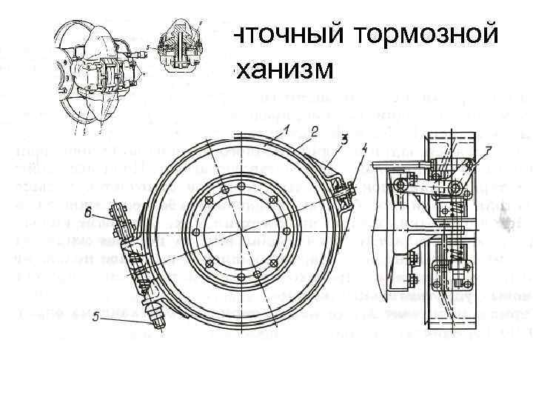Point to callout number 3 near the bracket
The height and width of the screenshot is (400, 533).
coord(344,139)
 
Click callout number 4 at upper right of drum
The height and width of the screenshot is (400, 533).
coord(364,147)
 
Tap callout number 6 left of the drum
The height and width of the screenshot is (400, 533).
coord(88,212)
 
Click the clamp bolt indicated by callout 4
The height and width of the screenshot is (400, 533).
coord(341,194)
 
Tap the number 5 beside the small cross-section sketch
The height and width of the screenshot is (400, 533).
coord(148,46)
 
